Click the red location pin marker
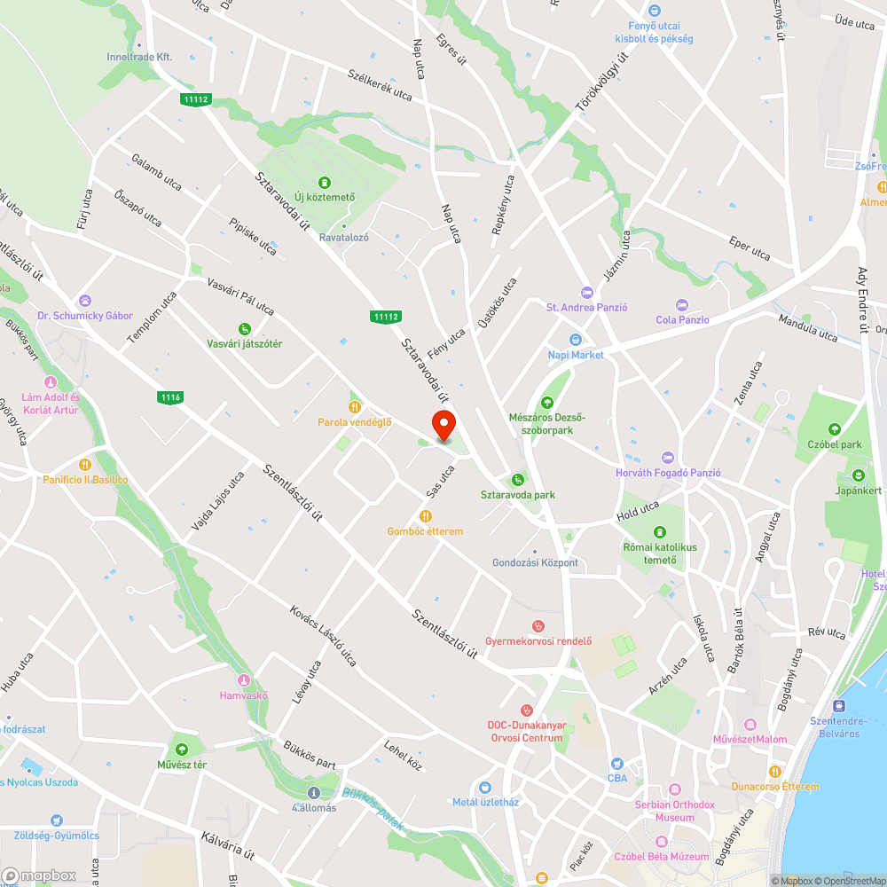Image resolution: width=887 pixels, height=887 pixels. [443, 427]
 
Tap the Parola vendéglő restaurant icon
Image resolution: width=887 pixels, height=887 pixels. [355, 407]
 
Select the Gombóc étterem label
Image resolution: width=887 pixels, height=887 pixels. [425, 531]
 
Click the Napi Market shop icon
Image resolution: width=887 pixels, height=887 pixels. [575, 340]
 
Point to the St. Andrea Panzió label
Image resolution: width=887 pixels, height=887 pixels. [586, 307]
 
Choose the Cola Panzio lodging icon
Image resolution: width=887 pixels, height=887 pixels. [682, 305]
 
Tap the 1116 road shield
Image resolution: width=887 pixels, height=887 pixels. [171, 397]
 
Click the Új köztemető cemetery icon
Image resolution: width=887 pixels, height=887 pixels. [325, 182]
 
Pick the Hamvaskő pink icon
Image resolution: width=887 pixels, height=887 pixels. [244, 680]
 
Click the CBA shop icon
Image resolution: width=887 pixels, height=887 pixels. [617, 764]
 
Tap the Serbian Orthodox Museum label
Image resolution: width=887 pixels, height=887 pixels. [675, 811]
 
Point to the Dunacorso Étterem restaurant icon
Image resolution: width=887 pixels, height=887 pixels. [774, 772]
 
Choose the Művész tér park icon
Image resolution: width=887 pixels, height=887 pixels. [182, 749]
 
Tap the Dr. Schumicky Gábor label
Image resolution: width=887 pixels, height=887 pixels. [85, 316]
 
